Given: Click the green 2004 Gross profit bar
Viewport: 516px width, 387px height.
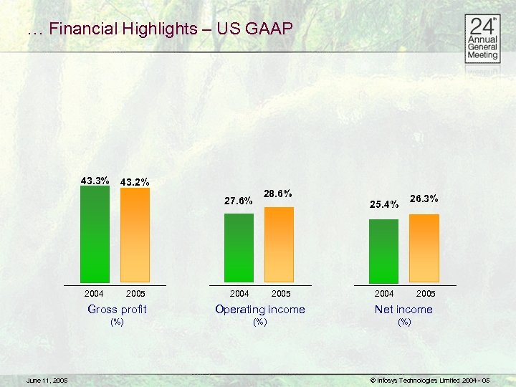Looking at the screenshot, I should (x=95, y=234).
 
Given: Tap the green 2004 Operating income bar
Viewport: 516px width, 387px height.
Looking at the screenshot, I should (x=239, y=248).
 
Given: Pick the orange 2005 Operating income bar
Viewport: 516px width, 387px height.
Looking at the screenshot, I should (x=279, y=244).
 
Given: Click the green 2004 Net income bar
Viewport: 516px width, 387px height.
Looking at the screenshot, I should (x=383, y=251).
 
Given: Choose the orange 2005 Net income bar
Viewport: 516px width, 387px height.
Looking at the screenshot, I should (x=424, y=248).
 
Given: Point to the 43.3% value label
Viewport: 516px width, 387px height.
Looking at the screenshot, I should (x=95, y=181).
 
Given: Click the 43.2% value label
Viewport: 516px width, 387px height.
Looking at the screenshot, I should (x=135, y=182).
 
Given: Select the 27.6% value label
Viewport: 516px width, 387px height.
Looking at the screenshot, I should (x=239, y=201).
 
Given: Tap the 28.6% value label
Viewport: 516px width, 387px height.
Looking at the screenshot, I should (x=278, y=193).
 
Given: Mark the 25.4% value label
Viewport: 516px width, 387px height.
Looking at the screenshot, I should (x=384, y=205).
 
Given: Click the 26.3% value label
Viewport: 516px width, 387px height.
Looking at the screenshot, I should (x=424, y=199).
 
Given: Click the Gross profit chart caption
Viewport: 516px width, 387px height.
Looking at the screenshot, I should (x=117, y=310).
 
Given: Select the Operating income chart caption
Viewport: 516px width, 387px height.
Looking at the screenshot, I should (x=260, y=310).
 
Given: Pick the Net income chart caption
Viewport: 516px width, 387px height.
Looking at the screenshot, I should (x=404, y=310).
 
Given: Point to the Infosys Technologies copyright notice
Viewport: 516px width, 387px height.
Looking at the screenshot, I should (x=429, y=380).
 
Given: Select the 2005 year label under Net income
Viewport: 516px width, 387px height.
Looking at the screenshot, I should (x=426, y=293).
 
